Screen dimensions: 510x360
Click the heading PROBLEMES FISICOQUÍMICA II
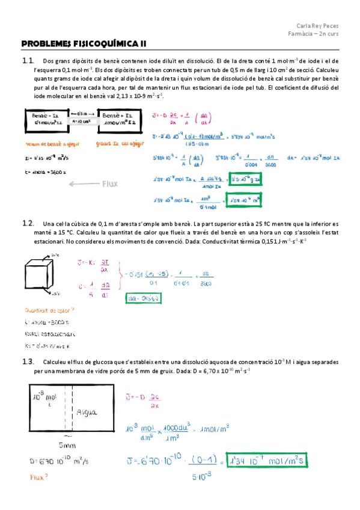(x=84, y=43)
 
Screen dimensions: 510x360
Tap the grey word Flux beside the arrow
(x=112, y=185)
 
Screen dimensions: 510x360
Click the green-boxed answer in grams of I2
(x=246, y=179)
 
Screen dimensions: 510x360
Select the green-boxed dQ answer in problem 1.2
(x=142, y=297)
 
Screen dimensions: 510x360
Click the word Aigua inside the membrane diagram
(x=88, y=413)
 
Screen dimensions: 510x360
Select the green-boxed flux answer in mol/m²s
(x=267, y=461)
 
